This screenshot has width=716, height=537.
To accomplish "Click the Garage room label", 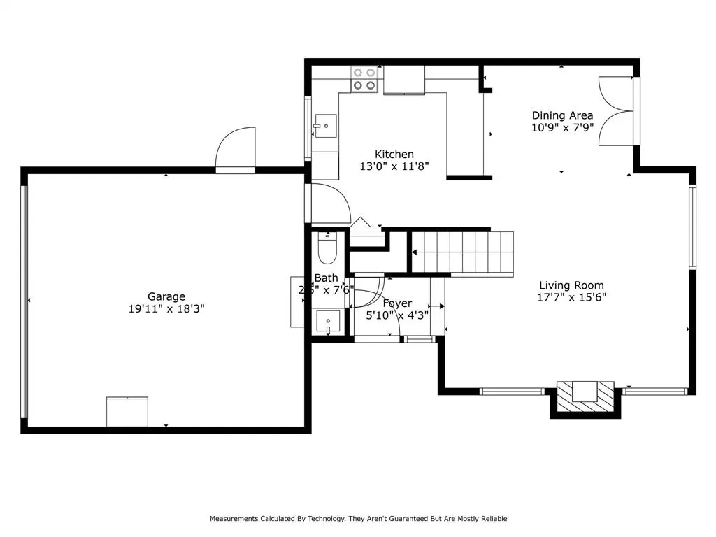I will [166, 296].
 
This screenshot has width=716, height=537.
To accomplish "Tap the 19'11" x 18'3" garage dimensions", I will [166, 308].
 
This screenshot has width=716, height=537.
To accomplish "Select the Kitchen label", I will [394, 155].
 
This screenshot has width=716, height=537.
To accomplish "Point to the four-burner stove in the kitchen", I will [364, 79].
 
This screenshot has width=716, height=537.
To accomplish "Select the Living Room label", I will [571, 285].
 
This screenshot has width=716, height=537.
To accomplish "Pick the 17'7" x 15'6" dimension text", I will [571, 297].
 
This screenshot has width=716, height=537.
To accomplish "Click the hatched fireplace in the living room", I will [585, 394].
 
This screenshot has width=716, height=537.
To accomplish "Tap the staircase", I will [461, 252].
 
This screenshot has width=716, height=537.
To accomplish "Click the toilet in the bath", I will [327, 246].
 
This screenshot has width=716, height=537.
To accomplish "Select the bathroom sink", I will [327, 322].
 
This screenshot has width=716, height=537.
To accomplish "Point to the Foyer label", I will [397, 303].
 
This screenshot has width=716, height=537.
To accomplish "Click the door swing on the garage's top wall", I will [236, 150].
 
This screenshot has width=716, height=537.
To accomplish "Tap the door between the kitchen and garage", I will [329, 203].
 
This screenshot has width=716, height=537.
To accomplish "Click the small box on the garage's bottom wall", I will [127, 411].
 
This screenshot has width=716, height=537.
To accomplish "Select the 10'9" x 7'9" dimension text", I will [562, 128].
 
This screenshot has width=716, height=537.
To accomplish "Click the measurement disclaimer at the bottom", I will [358, 519].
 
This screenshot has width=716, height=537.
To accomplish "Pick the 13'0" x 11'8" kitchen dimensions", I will [394, 166].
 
